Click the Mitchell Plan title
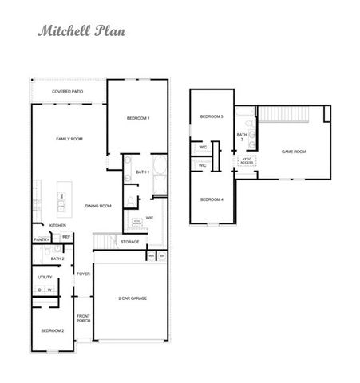click(x=81, y=33)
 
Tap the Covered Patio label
click(x=69, y=92)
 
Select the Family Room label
click(x=69, y=139)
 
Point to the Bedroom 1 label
click(x=138, y=119)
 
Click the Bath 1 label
click(x=143, y=172)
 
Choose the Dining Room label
click(x=99, y=206)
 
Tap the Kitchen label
click(x=57, y=226)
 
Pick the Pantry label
click(x=42, y=239)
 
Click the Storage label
click(x=129, y=241)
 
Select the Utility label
click(x=45, y=277)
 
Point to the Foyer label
click(x=83, y=274)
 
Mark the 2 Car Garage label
click(x=133, y=298)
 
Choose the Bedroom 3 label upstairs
click(x=212, y=117)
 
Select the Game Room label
click(x=294, y=151)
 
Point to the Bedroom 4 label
click(x=212, y=199)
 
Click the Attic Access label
click(x=247, y=161)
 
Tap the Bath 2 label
click(x=57, y=259)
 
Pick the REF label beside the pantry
click(x=66, y=237)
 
